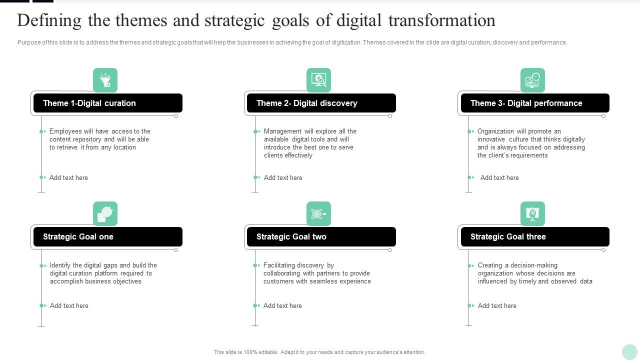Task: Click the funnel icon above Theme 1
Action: pyautogui.click(x=105, y=80)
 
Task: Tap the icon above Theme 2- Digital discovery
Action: pyautogui.click(x=318, y=80)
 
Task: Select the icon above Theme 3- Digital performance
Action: pyautogui.click(x=532, y=80)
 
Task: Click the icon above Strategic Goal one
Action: pyautogui.click(x=105, y=213)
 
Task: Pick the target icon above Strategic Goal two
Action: pyautogui.click(x=318, y=213)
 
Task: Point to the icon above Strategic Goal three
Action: pyautogui.click(x=532, y=213)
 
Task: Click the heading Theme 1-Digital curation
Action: pyautogui.click(x=89, y=103)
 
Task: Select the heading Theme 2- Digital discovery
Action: pyautogui.click(x=306, y=103)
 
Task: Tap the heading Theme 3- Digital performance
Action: pyautogui.click(x=526, y=103)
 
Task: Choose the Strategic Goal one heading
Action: pyautogui.click(x=78, y=236)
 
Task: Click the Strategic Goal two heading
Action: pyautogui.click(x=291, y=236)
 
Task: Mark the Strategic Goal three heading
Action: pyautogui.click(x=508, y=236)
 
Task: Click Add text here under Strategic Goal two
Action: pyautogui.click(x=282, y=305)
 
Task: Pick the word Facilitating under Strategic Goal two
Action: pyautogui.click(x=279, y=265)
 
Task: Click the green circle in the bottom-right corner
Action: pyautogui.click(x=629, y=351)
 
